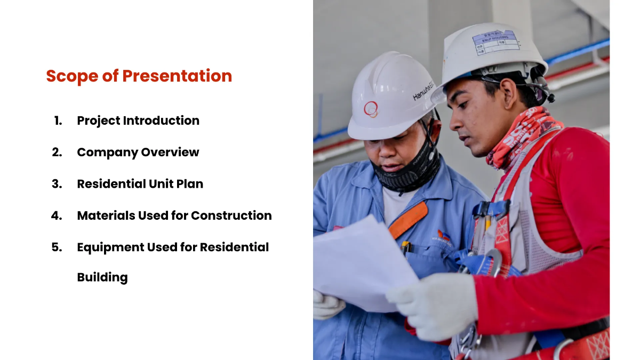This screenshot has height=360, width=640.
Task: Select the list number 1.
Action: pos(58,121)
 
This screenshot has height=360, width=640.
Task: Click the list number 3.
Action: pos(57,184)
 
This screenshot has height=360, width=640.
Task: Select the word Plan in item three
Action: pos(190,184)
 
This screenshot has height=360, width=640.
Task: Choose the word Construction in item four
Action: pos(231,215)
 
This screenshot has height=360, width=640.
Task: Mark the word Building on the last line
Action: pos(102,277)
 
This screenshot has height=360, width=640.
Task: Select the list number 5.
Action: pos(57,247)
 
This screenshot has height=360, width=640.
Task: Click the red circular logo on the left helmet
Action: pos(371,109)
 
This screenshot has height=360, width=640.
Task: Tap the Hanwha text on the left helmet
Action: pos(423,92)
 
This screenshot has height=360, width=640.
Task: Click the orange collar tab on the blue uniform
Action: pos(407,219)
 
